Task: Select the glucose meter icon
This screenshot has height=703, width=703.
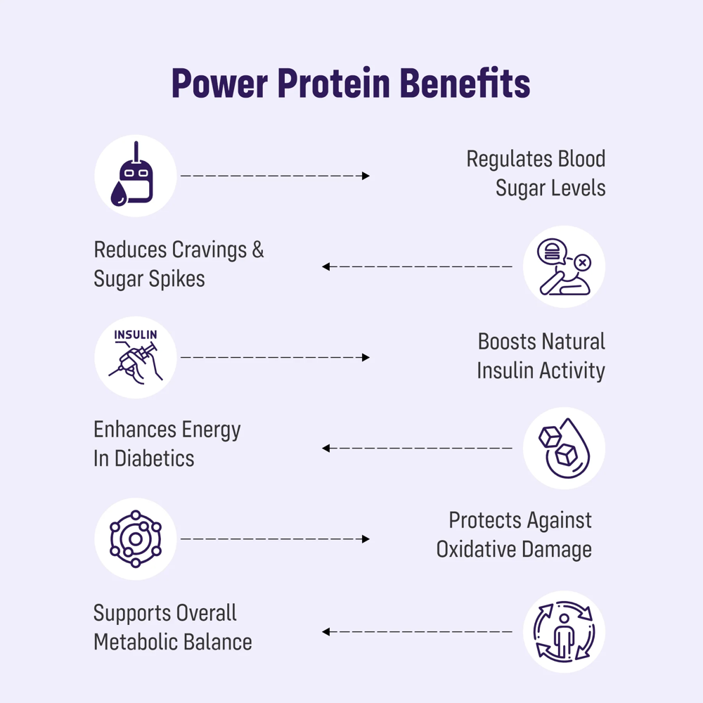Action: (135, 176)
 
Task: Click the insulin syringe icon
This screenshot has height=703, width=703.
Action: (135, 357)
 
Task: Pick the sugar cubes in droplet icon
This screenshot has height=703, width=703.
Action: (564, 448)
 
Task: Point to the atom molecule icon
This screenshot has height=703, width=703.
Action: (135, 539)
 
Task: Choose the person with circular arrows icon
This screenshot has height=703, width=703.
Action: (564, 631)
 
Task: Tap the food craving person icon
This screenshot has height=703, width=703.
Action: (564, 266)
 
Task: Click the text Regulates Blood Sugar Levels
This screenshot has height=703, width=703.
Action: (536, 173)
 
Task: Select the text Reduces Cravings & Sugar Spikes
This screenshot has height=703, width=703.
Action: (179, 264)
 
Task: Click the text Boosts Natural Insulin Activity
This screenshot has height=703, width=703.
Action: (541, 356)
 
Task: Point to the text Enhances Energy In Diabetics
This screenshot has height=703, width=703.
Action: (167, 444)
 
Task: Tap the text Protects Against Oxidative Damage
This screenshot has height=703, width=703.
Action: (514, 534)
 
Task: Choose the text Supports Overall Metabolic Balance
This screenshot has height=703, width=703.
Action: (172, 627)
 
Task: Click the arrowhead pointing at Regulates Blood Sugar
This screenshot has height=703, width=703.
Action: (366, 176)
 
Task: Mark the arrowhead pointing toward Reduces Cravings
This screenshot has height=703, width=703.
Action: (326, 266)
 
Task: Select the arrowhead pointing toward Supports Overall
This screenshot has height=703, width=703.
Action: (326, 631)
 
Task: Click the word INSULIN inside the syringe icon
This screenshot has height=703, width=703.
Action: (135, 335)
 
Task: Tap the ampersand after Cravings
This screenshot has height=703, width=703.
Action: (257, 250)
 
